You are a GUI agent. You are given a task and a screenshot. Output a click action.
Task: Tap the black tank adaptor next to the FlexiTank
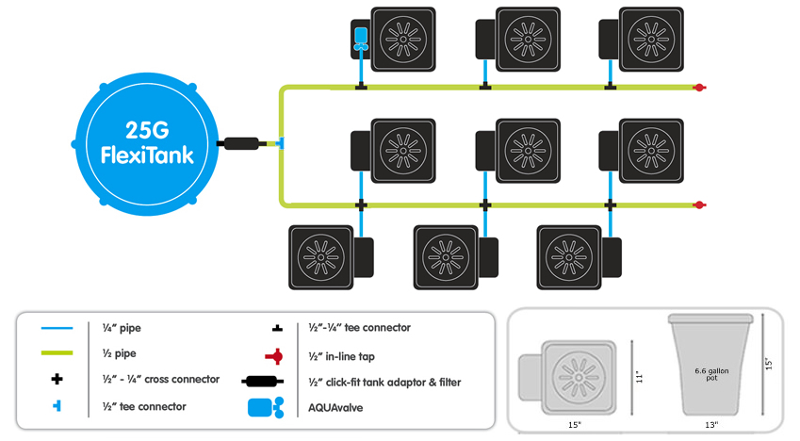241,144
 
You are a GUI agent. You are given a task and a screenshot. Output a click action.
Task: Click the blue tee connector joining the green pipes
280,144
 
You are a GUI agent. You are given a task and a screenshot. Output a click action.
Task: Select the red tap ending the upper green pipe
698,88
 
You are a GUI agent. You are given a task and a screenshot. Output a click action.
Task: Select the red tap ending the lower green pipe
698,204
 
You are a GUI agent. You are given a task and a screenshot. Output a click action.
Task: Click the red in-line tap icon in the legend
274,355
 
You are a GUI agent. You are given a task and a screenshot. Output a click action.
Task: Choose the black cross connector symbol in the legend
57,380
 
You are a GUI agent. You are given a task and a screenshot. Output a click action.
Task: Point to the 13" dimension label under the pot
710,425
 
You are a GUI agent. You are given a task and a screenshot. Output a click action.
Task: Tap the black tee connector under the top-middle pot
484,88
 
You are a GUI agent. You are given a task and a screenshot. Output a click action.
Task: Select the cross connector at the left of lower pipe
360,204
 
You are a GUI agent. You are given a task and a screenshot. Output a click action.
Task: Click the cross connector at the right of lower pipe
610,204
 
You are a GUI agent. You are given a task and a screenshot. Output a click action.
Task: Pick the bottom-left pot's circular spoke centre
320,255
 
